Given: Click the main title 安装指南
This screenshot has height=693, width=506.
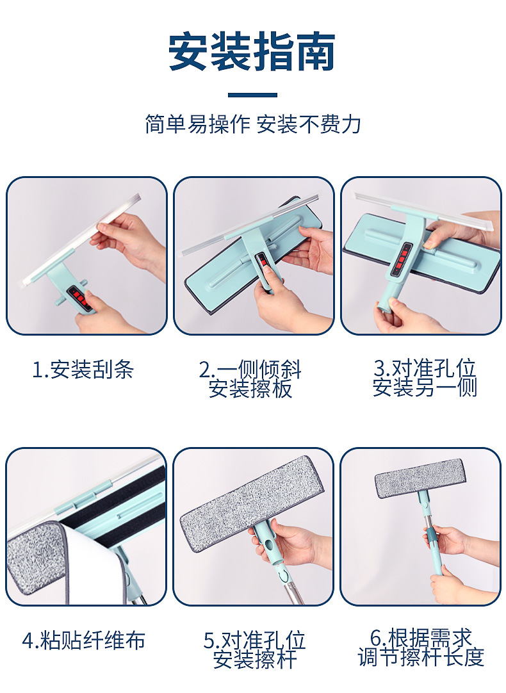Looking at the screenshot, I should [252, 53].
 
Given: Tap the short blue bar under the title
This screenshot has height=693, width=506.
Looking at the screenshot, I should [252, 95].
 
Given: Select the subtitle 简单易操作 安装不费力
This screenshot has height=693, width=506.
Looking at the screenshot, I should [252, 124].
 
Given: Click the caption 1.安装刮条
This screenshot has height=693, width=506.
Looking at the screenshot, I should [83, 370].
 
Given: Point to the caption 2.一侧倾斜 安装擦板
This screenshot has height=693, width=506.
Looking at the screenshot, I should [250, 379].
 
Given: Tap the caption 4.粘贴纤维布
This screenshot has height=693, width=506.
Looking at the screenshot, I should [83, 640].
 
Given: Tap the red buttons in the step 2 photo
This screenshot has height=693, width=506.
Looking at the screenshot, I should [262, 263].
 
